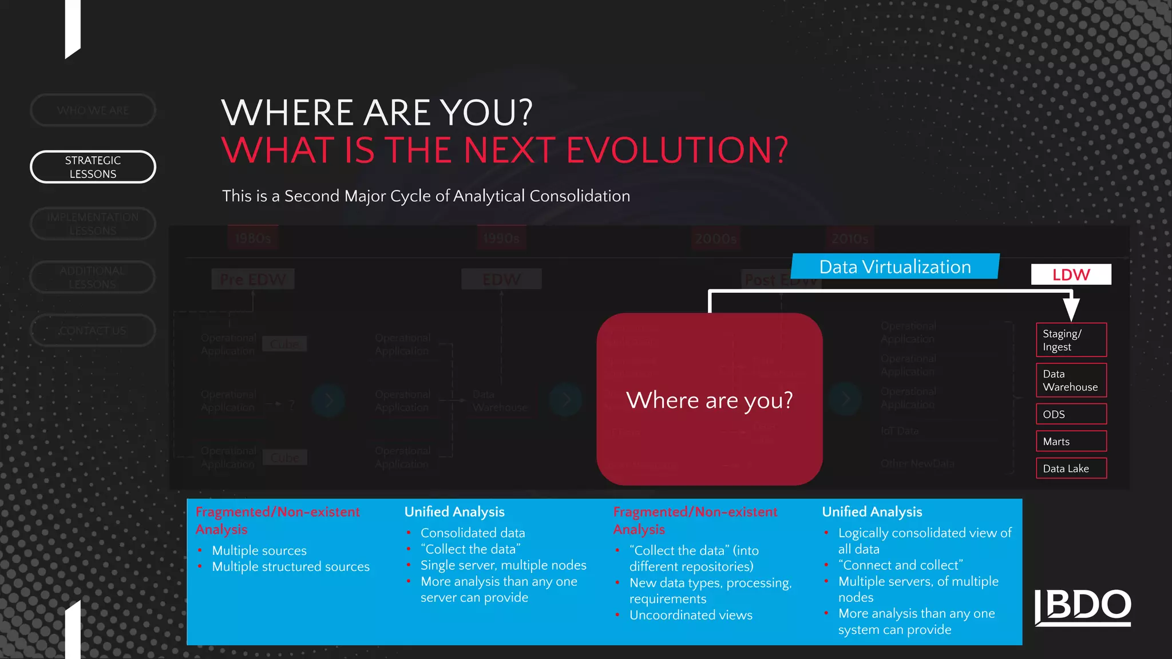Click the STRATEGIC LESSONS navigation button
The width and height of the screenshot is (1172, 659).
(x=93, y=167)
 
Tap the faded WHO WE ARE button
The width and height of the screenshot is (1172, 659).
(x=93, y=110)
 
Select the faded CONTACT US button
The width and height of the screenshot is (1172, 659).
(x=93, y=331)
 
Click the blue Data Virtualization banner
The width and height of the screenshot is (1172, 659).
(x=895, y=267)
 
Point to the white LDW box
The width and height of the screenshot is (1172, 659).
(x=1071, y=275)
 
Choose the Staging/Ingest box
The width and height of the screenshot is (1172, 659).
(x=1071, y=340)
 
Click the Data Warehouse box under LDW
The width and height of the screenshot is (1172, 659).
(x=1071, y=380)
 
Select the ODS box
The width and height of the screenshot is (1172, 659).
(x=1071, y=414)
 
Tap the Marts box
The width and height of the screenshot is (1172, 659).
(x=1071, y=442)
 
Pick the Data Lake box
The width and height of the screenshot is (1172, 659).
(x=1071, y=469)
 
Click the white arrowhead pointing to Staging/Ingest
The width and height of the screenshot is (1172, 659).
(x=1071, y=309)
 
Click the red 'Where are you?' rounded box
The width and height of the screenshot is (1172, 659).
(x=710, y=399)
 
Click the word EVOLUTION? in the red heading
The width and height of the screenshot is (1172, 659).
(x=677, y=150)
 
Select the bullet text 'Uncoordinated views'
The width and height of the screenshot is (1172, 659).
(x=691, y=616)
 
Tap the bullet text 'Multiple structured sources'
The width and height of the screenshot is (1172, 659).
(x=291, y=567)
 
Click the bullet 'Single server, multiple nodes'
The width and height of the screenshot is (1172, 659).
(x=503, y=565)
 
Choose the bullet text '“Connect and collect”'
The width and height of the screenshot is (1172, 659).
(x=900, y=565)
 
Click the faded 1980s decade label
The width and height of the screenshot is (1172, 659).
(x=252, y=239)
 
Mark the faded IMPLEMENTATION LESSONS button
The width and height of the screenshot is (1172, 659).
(x=93, y=224)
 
